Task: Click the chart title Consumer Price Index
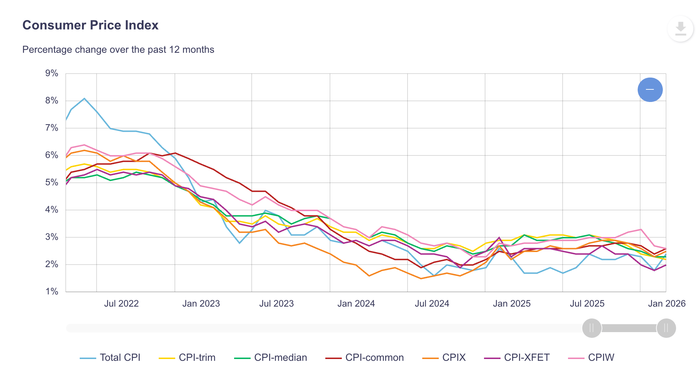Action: click(x=90, y=25)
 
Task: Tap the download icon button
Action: click(x=680, y=29)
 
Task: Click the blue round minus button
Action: click(x=650, y=90)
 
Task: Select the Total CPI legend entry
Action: click(x=111, y=358)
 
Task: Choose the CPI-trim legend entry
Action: click(x=187, y=358)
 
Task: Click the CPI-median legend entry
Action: click(x=271, y=358)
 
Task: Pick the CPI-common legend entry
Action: click(x=365, y=358)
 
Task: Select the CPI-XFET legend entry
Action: click(x=517, y=358)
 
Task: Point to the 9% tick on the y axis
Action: click(x=52, y=74)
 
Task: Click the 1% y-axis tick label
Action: click(x=52, y=292)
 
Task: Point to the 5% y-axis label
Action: click(x=52, y=182)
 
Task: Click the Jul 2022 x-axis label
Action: click(x=121, y=304)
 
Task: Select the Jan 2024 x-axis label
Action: click(x=356, y=304)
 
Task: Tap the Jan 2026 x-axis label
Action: click(x=666, y=304)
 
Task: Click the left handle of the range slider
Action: click(x=592, y=328)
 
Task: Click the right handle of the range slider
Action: click(x=666, y=328)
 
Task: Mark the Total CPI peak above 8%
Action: click(x=84, y=98)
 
